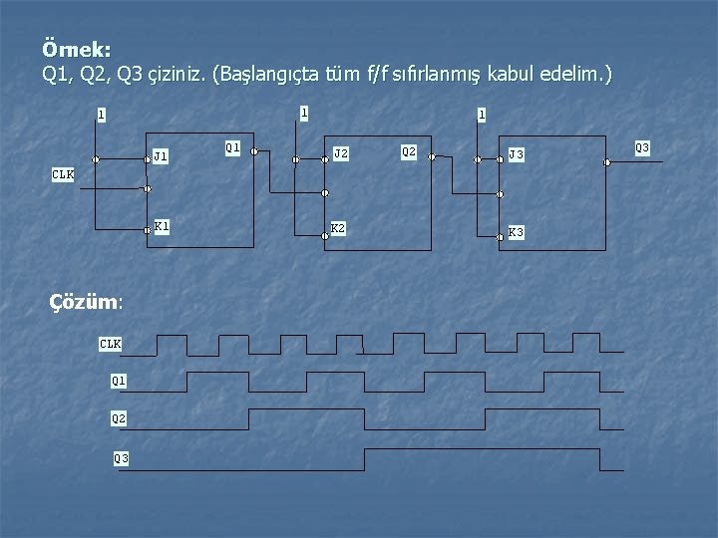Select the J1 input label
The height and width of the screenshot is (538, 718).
(161, 155)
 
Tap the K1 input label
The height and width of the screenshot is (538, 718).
(162, 226)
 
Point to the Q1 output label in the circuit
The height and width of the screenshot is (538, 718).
(232, 147)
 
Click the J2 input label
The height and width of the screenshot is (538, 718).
(341, 153)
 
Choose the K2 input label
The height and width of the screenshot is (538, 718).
(339, 228)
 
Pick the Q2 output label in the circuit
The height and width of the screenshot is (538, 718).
(408, 151)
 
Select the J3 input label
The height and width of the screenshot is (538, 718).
(517, 154)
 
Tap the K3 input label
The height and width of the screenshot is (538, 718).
(517, 232)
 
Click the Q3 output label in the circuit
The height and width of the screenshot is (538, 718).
(642, 148)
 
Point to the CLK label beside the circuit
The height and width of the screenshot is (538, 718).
(63, 175)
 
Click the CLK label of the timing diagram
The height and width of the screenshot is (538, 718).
(110, 344)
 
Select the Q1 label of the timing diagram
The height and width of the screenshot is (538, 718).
(119, 381)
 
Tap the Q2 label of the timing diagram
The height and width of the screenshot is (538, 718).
(119, 419)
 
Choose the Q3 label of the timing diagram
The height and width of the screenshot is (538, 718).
(121, 458)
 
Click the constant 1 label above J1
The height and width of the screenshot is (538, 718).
(101, 115)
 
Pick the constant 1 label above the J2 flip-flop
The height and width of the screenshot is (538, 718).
(304, 112)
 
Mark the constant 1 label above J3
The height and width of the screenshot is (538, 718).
(482, 115)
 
